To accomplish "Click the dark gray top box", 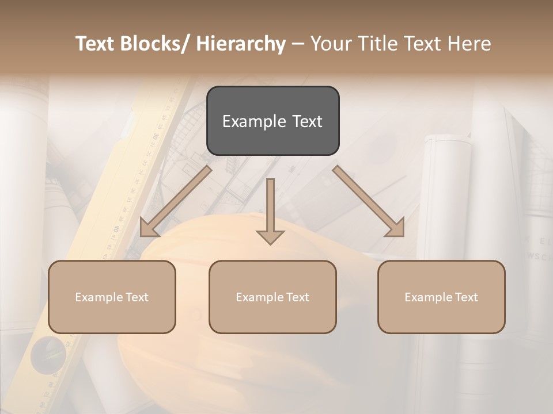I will (272, 121).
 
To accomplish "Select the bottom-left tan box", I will (112, 297).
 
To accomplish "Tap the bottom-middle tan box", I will (272, 297).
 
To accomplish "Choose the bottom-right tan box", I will (441, 297).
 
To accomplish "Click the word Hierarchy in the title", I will (241, 44).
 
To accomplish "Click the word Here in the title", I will (469, 44).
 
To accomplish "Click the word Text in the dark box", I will (306, 121).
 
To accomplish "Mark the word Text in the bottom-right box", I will (466, 297).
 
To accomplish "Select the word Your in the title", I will (331, 44).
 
